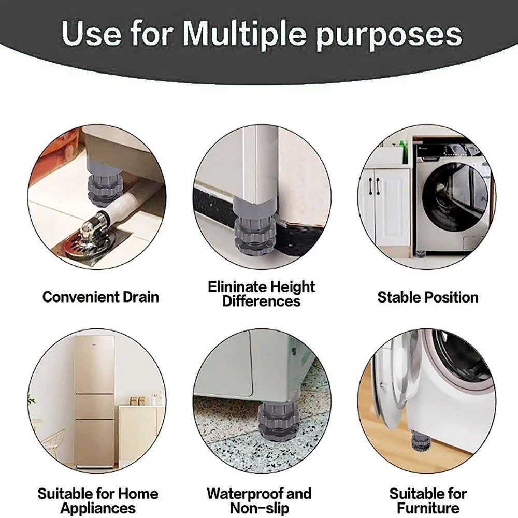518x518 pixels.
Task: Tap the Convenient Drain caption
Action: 100,297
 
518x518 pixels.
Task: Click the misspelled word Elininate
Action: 238,287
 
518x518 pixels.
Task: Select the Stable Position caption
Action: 427,297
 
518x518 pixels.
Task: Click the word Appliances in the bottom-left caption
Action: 98,508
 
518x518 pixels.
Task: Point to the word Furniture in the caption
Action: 428,508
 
